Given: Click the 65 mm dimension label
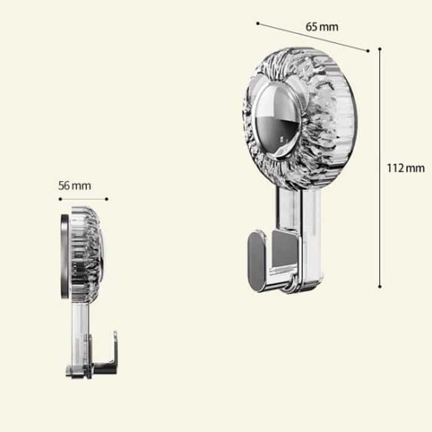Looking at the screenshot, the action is pyautogui.click(x=322, y=27).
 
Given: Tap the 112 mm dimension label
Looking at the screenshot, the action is pyautogui.click(x=405, y=168).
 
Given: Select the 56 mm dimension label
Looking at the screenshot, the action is pyautogui.click(x=75, y=186).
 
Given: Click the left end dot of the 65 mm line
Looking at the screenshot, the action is pyautogui.click(x=258, y=23).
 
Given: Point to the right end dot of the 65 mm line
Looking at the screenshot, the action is pyautogui.click(x=368, y=51).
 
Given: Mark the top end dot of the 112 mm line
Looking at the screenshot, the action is pyautogui.click(x=380, y=49).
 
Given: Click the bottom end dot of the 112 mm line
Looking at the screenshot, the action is pyautogui.click(x=380, y=287).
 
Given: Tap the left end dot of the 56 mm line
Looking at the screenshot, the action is pyautogui.click(x=60, y=199).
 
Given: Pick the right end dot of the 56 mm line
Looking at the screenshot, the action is pyautogui.click(x=107, y=199).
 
